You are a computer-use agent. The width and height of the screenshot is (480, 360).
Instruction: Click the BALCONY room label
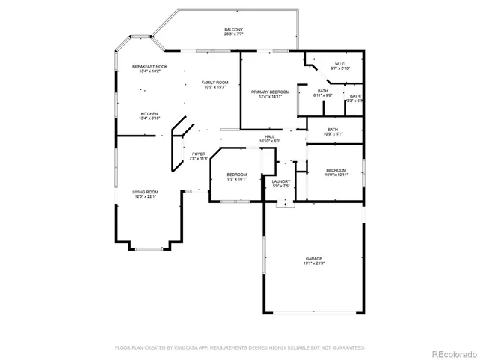pyautogui.click(x=233, y=30)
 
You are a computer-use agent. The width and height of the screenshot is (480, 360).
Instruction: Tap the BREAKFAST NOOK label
pyautogui.click(x=149, y=67)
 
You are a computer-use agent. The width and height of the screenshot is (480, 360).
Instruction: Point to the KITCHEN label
pyautogui.click(x=149, y=114)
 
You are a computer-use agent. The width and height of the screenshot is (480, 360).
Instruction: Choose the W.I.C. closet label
pyautogui.click(x=339, y=64)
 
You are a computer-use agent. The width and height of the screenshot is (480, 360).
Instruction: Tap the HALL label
pyautogui.click(x=269, y=136)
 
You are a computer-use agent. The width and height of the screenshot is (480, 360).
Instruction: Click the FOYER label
pyautogui.click(x=198, y=154)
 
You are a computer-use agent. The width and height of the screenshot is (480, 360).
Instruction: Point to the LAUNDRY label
pyautogui.click(x=281, y=181)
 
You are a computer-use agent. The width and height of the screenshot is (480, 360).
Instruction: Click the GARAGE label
pyautogui.click(x=313, y=258)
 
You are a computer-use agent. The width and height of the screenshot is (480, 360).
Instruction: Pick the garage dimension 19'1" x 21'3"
pyautogui.click(x=313, y=262)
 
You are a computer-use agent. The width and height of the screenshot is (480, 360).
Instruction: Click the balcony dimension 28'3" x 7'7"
pyautogui.click(x=233, y=34)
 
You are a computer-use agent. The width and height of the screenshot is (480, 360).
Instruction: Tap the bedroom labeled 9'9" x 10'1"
pyautogui.click(x=237, y=177)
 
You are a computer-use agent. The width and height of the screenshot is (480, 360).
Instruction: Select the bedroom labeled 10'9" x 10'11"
pyautogui.click(x=336, y=172)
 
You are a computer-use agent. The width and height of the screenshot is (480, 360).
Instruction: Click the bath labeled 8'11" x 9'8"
pyautogui.click(x=323, y=92)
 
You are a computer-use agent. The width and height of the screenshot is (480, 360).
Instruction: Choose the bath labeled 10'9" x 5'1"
pyautogui.click(x=333, y=131)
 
